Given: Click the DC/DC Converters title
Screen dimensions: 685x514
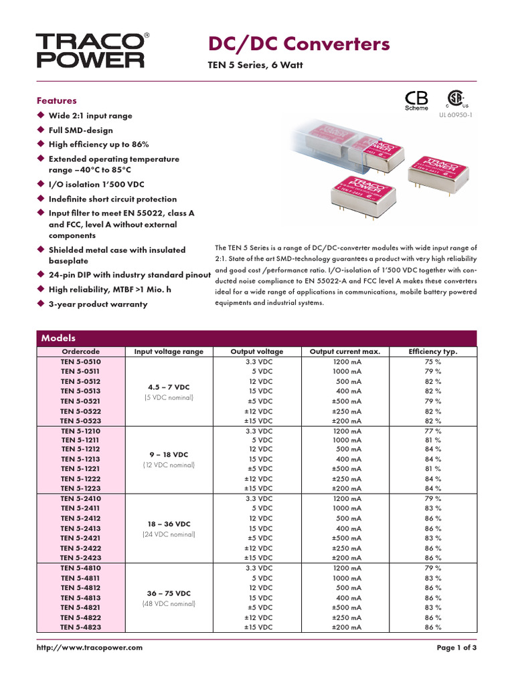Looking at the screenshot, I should tap(299, 44).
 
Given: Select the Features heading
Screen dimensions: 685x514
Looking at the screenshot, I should tap(56, 100).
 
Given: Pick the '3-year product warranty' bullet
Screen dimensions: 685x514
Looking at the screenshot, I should tap(98, 304).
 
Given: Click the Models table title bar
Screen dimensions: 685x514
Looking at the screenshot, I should tap(256, 338).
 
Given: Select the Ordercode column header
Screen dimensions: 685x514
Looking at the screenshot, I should tap(80, 351).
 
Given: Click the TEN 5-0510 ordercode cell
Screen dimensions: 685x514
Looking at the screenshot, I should tap(80, 361).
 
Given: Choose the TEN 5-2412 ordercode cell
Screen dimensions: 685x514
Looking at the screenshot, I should tap(80, 518).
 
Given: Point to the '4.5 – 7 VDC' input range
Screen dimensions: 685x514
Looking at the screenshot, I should tap(169, 387).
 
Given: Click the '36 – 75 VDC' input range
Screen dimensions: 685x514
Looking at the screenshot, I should tap(169, 593).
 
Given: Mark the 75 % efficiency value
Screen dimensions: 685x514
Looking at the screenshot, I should tap(433, 361).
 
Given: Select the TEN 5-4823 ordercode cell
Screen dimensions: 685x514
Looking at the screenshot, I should tap(80, 627).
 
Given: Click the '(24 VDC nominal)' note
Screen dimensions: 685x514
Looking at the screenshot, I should tap(169, 534).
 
